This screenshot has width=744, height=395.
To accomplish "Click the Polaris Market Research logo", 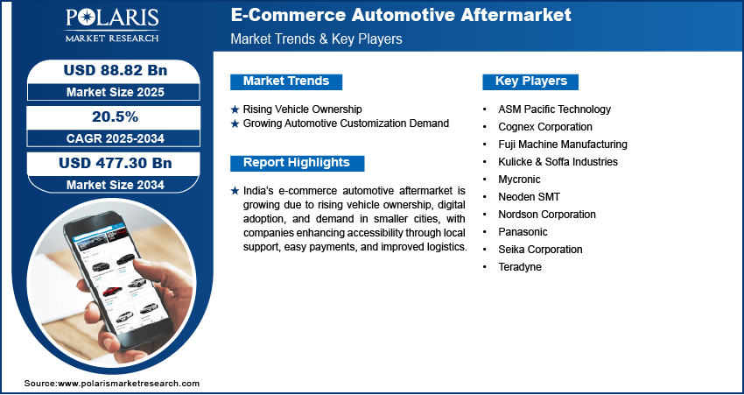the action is [112, 25].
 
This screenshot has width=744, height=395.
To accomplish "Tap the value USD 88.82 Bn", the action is [116, 70].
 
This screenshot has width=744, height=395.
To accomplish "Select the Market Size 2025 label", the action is [116, 92].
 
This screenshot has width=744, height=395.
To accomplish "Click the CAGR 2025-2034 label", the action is [116, 138].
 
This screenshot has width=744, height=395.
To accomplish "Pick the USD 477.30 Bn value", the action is [116, 163].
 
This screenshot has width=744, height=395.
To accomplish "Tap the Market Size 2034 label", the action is [116, 185].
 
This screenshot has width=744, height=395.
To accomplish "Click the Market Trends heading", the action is [286, 81].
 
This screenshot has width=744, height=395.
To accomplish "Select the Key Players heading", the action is [531, 81].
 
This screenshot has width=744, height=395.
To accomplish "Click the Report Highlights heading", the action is [297, 162].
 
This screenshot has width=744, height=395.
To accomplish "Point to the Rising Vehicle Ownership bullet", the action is [302, 109].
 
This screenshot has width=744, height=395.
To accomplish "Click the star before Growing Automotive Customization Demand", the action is [235, 123].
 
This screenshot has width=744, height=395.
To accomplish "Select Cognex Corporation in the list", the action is [545, 127].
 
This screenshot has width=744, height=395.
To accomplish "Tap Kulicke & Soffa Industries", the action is [558, 162].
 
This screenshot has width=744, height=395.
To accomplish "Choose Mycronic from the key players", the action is [519, 180].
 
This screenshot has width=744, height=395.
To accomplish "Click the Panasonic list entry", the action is [523, 232].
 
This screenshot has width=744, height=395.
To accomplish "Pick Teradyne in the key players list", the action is [520, 267].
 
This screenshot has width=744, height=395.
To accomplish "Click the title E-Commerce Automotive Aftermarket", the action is [401, 15].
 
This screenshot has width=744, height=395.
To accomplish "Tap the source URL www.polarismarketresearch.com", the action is [129, 383].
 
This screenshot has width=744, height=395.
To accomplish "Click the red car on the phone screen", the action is [112, 290].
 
